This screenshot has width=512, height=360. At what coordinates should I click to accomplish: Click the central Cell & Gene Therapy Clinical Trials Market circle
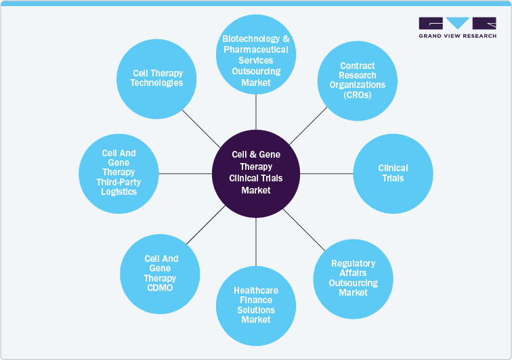(256, 173)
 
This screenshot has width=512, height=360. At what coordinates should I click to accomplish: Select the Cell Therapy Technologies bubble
(158, 79)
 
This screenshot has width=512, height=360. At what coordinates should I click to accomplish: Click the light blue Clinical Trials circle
(393, 173)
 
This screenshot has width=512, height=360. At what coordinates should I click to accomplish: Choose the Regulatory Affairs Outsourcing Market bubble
(354, 278)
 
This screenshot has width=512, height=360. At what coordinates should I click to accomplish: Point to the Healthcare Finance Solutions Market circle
(255, 305)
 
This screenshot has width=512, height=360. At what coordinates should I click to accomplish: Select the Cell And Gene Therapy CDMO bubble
(160, 273)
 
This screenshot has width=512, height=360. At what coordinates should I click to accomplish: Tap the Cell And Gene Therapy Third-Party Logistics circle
(119, 173)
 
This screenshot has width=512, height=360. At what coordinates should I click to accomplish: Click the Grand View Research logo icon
(457, 24)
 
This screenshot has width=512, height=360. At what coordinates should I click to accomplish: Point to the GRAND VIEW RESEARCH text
(457, 37)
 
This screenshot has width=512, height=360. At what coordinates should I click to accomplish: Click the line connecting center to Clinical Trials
(326, 173)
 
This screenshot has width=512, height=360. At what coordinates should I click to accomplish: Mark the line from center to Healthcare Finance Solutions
(256, 241)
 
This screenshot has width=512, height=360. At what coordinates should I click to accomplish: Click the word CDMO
(161, 288)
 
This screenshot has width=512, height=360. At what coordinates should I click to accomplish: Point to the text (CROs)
(357, 95)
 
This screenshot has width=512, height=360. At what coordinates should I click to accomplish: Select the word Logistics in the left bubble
(119, 192)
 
